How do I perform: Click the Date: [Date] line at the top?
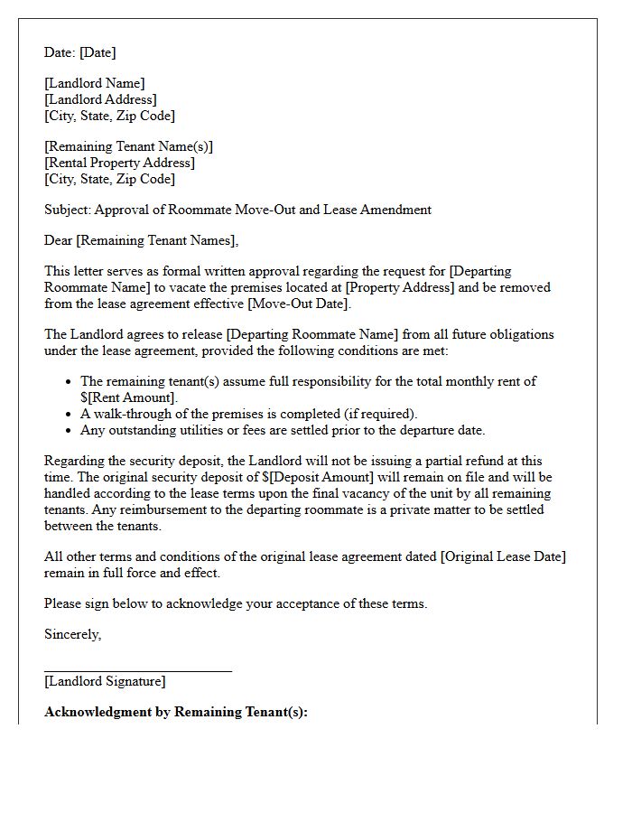pos(80,52)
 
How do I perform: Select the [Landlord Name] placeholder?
pos(95,83)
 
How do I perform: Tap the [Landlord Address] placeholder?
pos(100,99)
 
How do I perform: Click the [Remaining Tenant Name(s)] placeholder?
pos(129,146)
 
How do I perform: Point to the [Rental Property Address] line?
pos(119,163)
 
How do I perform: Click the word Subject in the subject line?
pos(68,210)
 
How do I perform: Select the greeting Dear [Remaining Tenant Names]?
pos(142,240)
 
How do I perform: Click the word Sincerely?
pos(72,634)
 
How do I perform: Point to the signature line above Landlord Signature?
pos(138,670)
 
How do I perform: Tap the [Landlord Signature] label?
pos(105,681)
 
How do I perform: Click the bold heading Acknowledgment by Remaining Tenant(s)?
pos(176,712)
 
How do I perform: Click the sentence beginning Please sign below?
pos(236,603)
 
